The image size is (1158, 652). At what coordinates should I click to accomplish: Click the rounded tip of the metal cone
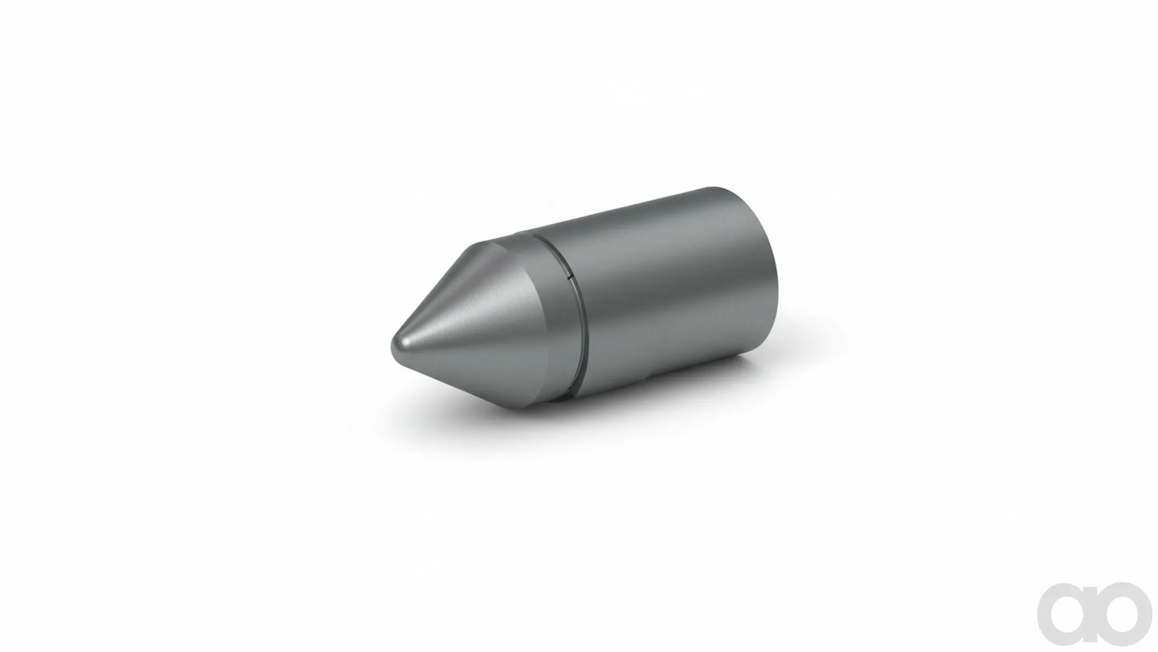click(x=393, y=346)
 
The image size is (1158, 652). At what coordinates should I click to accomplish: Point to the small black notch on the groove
click(x=570, y=278)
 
